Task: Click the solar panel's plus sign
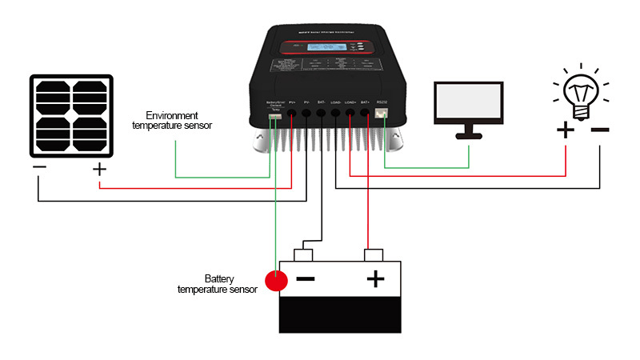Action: (99, 170)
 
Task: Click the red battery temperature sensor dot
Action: (276, 281)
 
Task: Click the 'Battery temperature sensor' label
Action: (218, 284)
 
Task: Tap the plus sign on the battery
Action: (375, 279)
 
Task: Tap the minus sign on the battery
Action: (306, 279)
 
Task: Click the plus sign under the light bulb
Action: (565, 129)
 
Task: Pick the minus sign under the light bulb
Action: (600, 128)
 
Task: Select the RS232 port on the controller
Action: (382, 114)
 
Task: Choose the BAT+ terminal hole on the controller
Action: (366, 114)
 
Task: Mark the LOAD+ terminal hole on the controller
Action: (350, 114)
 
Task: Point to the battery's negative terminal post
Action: (304, 255)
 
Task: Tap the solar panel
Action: (71, 117)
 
